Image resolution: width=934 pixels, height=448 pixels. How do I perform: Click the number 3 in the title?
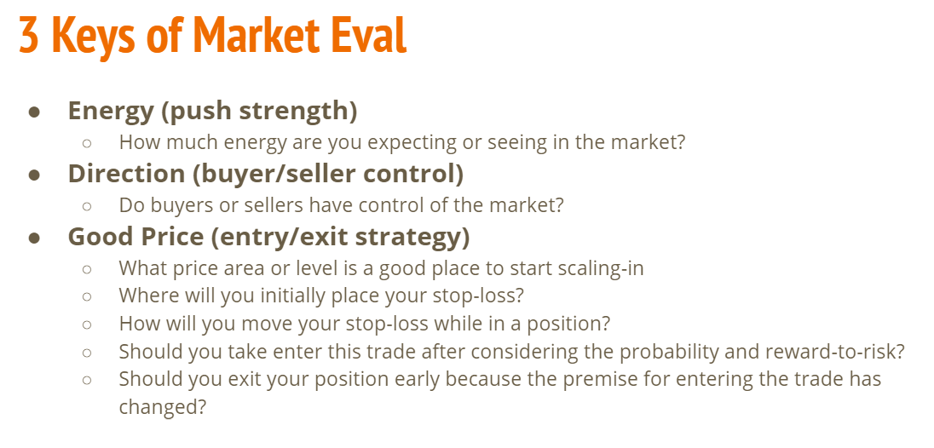coord(29,36)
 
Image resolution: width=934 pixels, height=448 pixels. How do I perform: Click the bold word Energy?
coord(111,112)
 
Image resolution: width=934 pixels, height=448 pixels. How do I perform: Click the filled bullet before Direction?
coord(35,175)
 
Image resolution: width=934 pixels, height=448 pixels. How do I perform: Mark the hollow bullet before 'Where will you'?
coord(87,296)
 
